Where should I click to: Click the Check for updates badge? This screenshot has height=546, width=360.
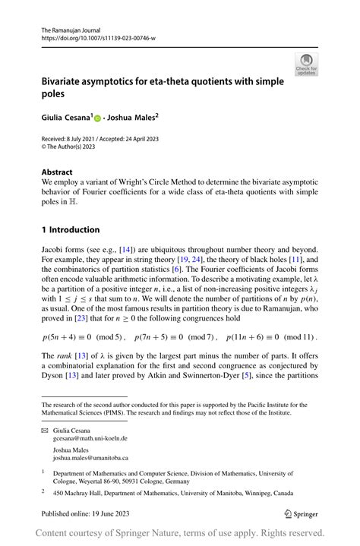tap(307, 64)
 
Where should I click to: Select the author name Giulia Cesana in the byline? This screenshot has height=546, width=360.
tap(66, 118)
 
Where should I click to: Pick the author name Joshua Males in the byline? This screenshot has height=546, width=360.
tap(132, 118)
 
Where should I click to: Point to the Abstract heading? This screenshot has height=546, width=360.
tap(57, 172)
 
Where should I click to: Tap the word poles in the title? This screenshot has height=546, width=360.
tap(55, 94)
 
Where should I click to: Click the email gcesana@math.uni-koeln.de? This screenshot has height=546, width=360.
tap(90, 438)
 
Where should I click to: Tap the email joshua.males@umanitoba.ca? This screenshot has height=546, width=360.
tap(90, 458)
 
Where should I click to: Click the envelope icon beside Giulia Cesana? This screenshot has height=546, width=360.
tap(45, 430)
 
